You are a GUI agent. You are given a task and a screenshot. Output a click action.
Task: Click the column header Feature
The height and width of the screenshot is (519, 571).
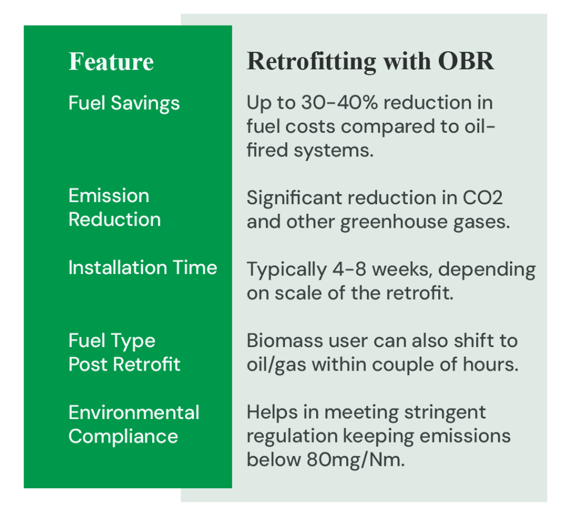(111, 61)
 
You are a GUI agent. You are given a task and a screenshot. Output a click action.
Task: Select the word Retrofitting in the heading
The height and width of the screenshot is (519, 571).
(311, 61)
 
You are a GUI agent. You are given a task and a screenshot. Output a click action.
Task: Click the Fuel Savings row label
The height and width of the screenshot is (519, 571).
(124, 103)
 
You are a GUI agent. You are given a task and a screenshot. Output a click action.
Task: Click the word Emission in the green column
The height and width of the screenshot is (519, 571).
(109, 196)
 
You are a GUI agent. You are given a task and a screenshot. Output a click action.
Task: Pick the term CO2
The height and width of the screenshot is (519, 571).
(482, 198)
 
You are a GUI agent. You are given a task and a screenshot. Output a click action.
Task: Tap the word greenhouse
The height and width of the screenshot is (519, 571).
(394, 222)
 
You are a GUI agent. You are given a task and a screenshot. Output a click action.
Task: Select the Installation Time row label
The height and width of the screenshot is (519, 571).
(143, 267)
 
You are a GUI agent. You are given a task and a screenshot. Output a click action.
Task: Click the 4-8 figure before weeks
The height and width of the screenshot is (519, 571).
(349, 270)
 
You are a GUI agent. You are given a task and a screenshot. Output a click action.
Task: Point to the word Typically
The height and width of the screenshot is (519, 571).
(287, 270)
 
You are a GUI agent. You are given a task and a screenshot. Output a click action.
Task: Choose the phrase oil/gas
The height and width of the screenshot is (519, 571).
(277, 365)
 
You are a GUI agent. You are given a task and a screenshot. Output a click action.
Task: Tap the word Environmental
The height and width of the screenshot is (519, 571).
(134, 412)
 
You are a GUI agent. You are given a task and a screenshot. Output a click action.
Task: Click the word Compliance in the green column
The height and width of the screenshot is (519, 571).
(123, 436)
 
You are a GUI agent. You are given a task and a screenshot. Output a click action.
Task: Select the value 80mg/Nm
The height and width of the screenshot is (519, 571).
(355, 460)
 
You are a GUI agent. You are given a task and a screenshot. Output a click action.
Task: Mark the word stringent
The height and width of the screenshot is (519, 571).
(444, 412)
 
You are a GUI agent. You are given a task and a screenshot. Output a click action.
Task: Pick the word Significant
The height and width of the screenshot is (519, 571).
(294, 198)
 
